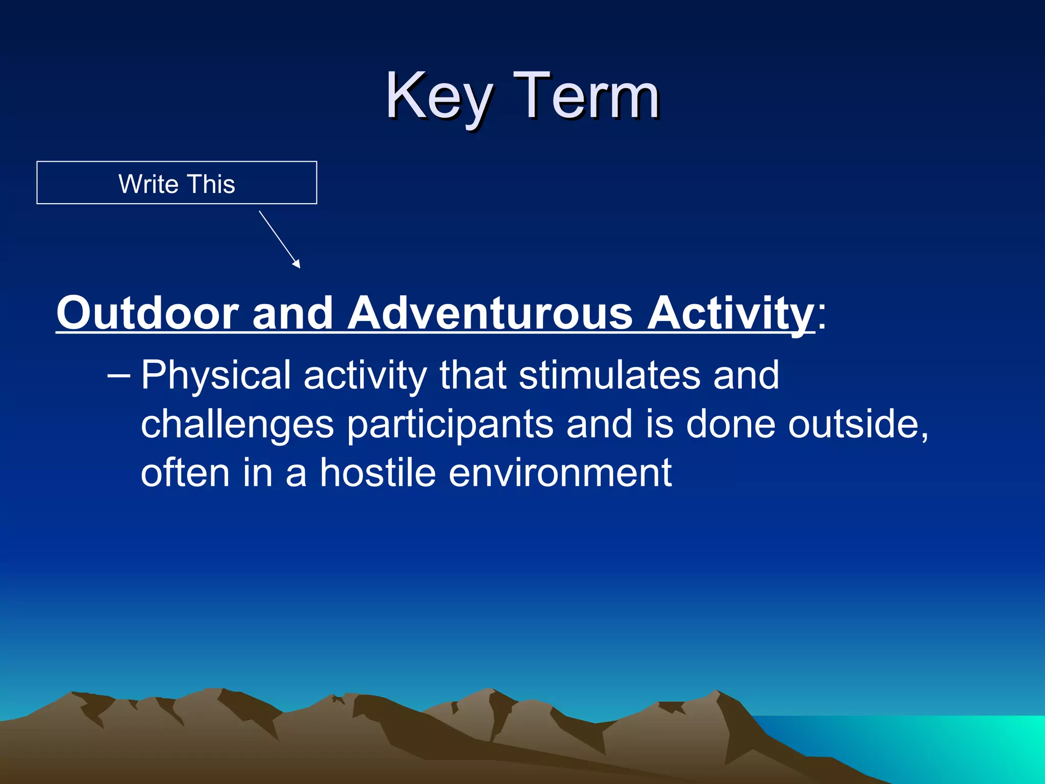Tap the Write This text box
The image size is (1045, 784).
pos(177,183)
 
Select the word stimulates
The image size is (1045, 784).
pos(610,375)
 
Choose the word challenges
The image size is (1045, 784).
pos(237,425)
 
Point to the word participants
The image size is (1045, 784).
pos(450,425)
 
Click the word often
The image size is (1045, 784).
pos(185,473)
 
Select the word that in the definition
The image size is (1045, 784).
pos(472,375)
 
